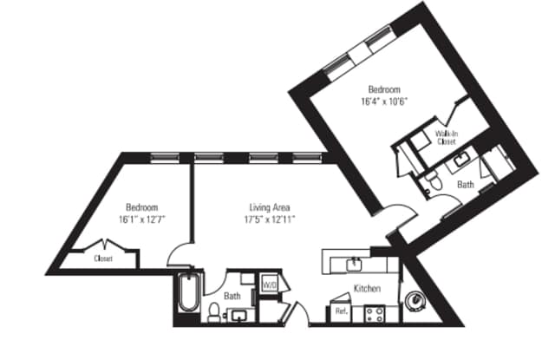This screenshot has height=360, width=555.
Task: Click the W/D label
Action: tap(270, 284)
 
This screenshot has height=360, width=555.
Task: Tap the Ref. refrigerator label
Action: tap(341, 311)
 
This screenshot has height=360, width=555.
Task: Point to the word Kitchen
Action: tap(367, 288)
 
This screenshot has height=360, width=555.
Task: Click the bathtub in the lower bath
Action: tap(188, 297)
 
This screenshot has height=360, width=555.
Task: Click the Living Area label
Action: tap(270, 207)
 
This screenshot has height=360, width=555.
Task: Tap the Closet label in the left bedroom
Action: tap(103, 258)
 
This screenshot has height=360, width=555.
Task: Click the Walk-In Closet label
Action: tap(447, 136)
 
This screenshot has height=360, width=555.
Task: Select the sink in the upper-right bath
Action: tap(459, 156)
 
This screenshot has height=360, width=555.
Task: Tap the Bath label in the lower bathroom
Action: tap(232, 296)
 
